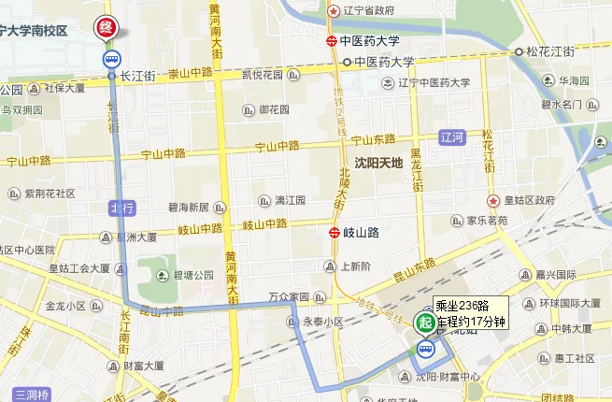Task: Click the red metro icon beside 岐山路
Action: [333, 232]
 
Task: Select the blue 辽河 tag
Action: [452, 137]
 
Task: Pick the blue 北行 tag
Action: [122, 208]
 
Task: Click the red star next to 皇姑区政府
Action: [491, 201]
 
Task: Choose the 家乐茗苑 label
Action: [487, 221]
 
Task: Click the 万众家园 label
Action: [288, 297]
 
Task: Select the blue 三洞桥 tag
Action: [31, 394]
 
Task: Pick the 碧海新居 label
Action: [193, 208]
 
